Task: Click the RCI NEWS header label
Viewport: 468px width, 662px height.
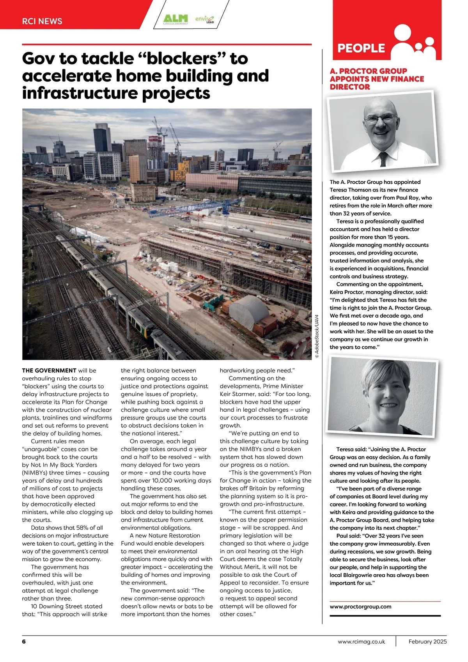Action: (42, 21)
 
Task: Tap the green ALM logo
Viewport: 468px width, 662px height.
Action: (175, 19)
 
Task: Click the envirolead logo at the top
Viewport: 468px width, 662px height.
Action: (205, 19)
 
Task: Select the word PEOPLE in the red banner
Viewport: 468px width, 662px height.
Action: (361, 48)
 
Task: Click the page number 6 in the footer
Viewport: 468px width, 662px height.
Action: (24, 641)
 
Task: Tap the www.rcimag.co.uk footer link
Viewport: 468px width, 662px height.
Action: (361, 641)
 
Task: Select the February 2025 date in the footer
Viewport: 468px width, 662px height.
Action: (427, 641)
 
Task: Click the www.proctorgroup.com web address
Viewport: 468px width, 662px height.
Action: (360, 607)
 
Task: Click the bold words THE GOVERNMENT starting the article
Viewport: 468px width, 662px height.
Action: (49, 370)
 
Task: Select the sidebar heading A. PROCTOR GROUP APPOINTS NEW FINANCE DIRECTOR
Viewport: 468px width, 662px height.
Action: (377, 79)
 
